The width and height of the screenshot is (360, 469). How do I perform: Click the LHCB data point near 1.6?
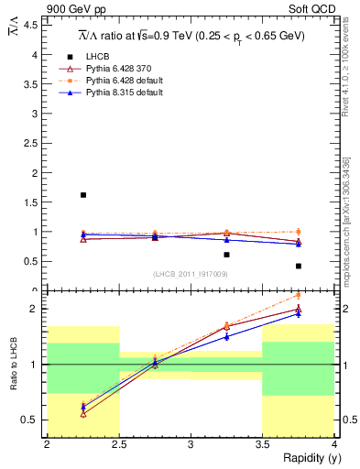coord(83,195)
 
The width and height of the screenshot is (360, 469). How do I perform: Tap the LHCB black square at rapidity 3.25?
coord(226,255)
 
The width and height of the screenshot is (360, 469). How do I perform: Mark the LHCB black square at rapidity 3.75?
coord(299,266)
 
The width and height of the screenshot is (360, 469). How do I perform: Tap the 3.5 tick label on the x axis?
coord(263,444)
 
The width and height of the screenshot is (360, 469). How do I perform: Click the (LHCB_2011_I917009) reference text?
coord(190,274)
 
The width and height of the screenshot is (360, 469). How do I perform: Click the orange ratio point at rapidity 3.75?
coord(299,295)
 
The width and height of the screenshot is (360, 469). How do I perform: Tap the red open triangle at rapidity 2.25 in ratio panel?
coord(83,414)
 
